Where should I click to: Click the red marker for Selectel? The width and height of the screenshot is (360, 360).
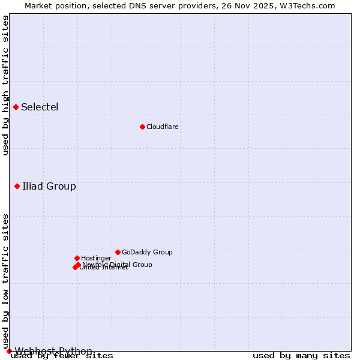(x=16, y=107)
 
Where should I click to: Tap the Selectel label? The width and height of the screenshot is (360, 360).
(x=40, y=107)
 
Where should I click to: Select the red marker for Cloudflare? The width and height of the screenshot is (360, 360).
(x=142, y=127)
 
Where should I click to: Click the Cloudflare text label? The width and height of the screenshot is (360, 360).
(x=163, y=127)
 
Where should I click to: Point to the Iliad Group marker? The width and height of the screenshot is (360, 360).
(x=17, y=186)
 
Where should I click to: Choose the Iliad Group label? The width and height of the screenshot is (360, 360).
(x=49, y=186)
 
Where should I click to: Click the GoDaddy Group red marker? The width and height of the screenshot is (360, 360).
(x=118, y=252)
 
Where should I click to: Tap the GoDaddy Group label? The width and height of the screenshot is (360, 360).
(x=147, y=252)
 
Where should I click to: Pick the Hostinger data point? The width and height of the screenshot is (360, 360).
(x=77, y=258)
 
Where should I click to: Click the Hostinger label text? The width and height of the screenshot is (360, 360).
(x=97, y=258)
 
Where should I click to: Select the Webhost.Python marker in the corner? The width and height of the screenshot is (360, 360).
(x=9, y=351)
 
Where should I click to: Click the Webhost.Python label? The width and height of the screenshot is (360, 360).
(x=53, y=351)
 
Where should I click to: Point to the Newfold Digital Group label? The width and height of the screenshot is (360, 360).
(x=118, y=265)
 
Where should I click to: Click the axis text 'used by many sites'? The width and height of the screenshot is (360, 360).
(x=301, y=355)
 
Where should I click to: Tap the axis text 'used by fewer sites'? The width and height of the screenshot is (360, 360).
(x=62, y=356)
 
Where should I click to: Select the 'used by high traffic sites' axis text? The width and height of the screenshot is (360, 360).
(x=5, y=85)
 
